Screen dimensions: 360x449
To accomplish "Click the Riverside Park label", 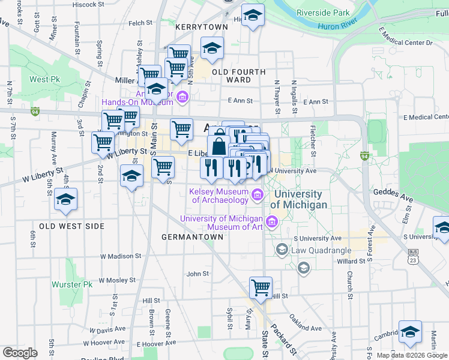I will click(323, 13).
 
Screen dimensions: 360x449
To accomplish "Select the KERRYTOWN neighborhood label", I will click(202, 28).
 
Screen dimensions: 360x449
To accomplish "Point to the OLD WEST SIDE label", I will click(72, 226).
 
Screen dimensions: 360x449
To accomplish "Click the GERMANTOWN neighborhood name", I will click(192, 237).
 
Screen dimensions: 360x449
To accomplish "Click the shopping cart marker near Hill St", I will click(261, 287).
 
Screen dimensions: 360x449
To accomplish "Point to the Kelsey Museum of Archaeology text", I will click(218, 196).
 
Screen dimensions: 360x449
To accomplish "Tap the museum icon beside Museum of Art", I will click(271, 223).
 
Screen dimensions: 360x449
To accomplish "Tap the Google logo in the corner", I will click(19, 353).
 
